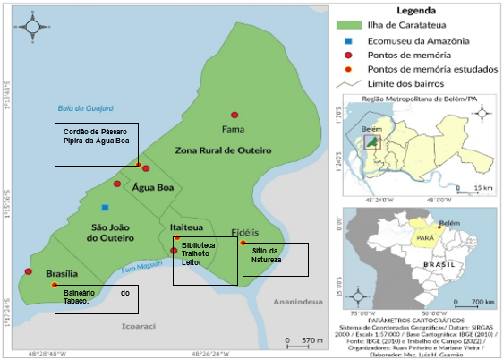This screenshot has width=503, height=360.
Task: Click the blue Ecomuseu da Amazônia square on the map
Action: (105, 207)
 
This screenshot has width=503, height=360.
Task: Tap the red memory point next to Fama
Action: (234, 115)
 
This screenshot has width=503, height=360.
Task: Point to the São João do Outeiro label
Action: (112, 232)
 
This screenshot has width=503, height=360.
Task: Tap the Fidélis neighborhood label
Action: (245, 230)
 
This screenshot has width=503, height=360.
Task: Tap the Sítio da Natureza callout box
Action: (275, 259)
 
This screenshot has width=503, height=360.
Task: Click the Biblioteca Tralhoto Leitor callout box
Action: (205, 260)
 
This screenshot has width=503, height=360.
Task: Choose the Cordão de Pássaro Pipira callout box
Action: (97, 144)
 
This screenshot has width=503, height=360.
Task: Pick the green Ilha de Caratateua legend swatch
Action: (350, 25)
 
